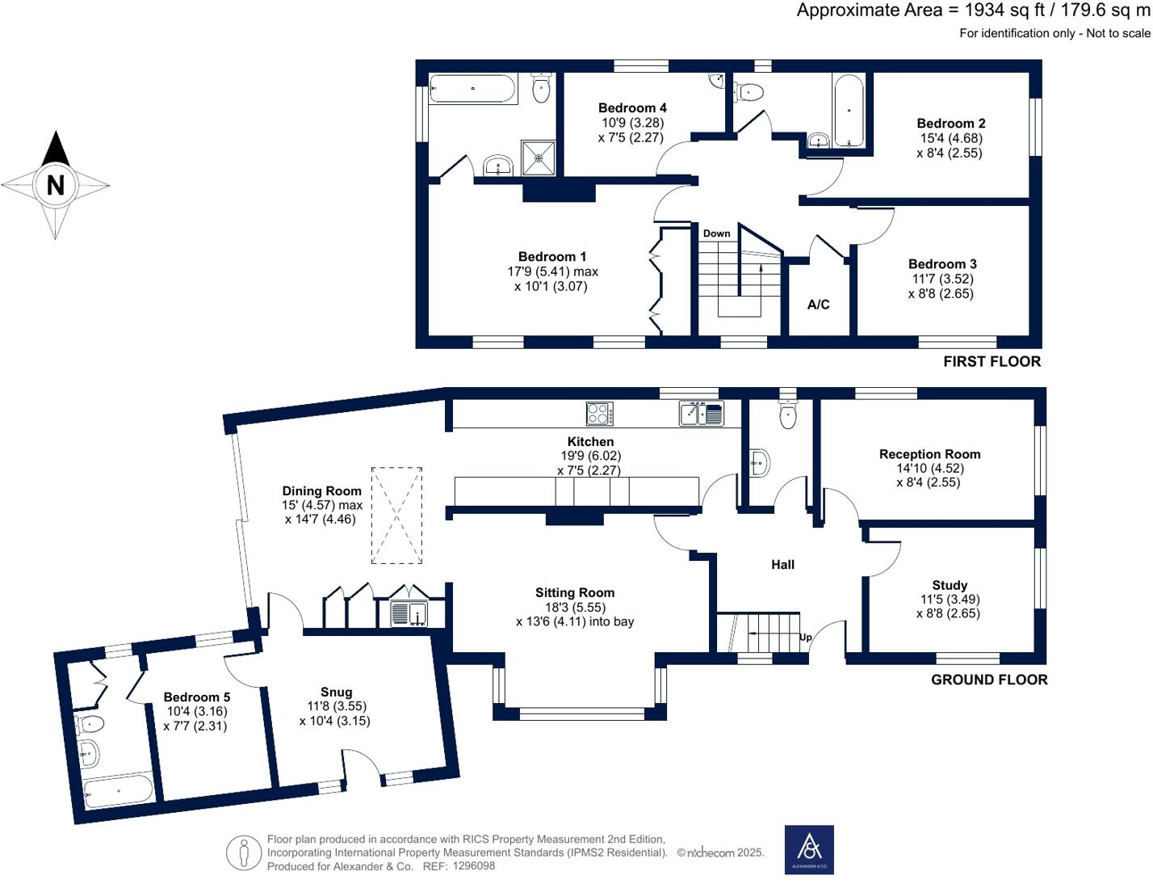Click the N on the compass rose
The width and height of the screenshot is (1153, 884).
tap(55, 185)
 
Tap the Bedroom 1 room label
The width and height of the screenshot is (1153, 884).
tap(552, 257)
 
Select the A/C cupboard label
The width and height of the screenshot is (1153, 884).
tap(818, 305)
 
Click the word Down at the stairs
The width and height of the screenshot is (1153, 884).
tap(716, 234)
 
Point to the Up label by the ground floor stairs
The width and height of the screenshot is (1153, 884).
tap(805, 638)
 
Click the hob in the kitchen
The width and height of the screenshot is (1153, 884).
tap(599, 414)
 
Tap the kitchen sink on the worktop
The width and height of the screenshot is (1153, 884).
tap(701, 414)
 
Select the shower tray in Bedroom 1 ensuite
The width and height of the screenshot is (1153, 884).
tap(534, 158)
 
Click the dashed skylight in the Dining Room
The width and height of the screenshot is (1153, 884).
tap(396, 515)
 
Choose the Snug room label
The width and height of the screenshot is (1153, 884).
tap(336, 692)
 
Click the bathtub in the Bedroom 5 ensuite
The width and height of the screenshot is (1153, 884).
tap(119, 790)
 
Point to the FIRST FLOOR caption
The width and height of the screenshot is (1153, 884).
tap(992, 361)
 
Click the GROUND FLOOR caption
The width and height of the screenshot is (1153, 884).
tap(989, 680)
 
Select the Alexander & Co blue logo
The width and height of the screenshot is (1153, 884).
tap(809, 849)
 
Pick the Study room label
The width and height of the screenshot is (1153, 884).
tap(950, 585)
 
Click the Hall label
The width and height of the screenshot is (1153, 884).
tap(782, 565)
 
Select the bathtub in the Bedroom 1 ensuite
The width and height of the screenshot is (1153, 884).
tap(472, 89)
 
